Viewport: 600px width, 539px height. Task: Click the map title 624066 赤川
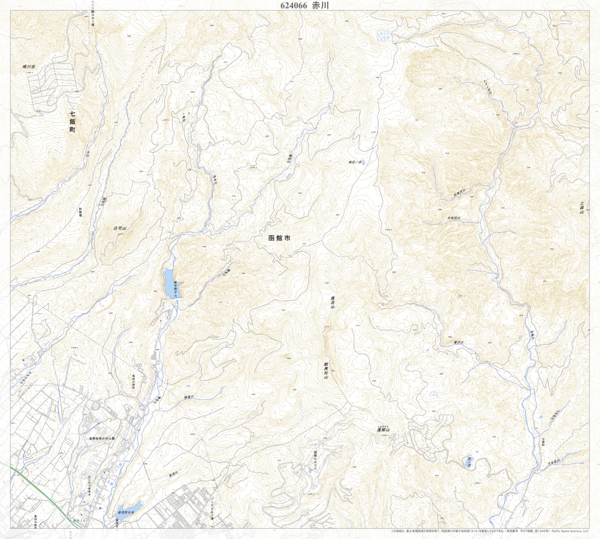pyautogui.click(x=300, y=5)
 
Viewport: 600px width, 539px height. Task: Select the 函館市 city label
pyautogui.click(x=279, y=238)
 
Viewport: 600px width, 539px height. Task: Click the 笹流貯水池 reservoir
pyautogui.click(x=129, y=507)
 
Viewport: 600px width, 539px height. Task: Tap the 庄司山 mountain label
pyautogui.click(x=120, y=229)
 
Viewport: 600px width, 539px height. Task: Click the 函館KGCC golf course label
pyautogui.click(x=315, y=461)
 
